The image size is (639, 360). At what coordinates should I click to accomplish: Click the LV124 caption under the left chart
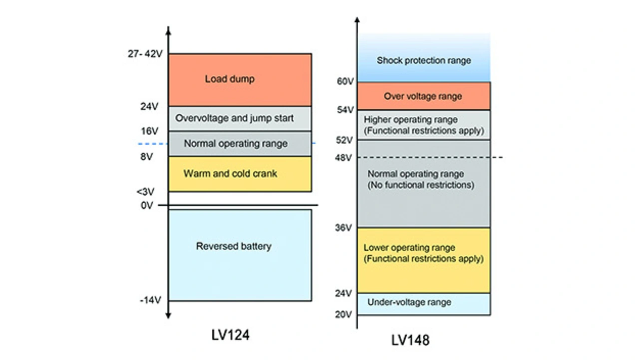pyautogui.click(x=230, y=335)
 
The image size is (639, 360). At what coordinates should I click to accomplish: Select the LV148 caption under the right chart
pyautogui.click(x=410, y=340)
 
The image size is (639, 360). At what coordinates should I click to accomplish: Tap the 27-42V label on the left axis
pyautogui.click(x=145, y=53)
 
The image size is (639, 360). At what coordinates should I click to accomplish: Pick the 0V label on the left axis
pyautogui.click(x=147, y=205)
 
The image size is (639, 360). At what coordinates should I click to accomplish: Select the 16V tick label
pyautogui.click(x=149, y=131)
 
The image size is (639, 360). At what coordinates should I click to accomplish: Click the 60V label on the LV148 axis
pyautogui.click(x=345, y=81)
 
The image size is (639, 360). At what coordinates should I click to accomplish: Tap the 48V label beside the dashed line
pyautogui.click(x=345, y=157)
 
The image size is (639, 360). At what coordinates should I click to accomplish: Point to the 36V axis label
pyautogui.click(x=345, y=228)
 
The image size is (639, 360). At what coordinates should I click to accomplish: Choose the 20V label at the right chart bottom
pyautogui.click(x=345, y=314)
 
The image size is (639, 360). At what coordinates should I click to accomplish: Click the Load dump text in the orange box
pyautogui.click(x=229, y=79)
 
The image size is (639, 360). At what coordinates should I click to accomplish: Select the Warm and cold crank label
pyautogui.click(x=230, y=174)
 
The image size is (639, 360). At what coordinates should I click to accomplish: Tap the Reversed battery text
pyautogui.click(x=234, y=246)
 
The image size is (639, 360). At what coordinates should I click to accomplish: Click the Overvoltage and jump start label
pyautogui.click(x=234, y=118)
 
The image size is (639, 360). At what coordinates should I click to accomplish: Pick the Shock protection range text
pyautogui.click(x=424, y=60)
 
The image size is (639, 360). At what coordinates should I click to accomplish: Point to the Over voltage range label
pyautogui.click(x=423, y=96)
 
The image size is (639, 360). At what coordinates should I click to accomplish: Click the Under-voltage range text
pyautogui.click(x=409, y=302)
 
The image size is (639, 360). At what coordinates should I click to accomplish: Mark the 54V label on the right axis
pyautogui.click(x=345, y=110)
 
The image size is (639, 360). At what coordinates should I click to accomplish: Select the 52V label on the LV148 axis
pyautogui.click(x=345, y=140)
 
